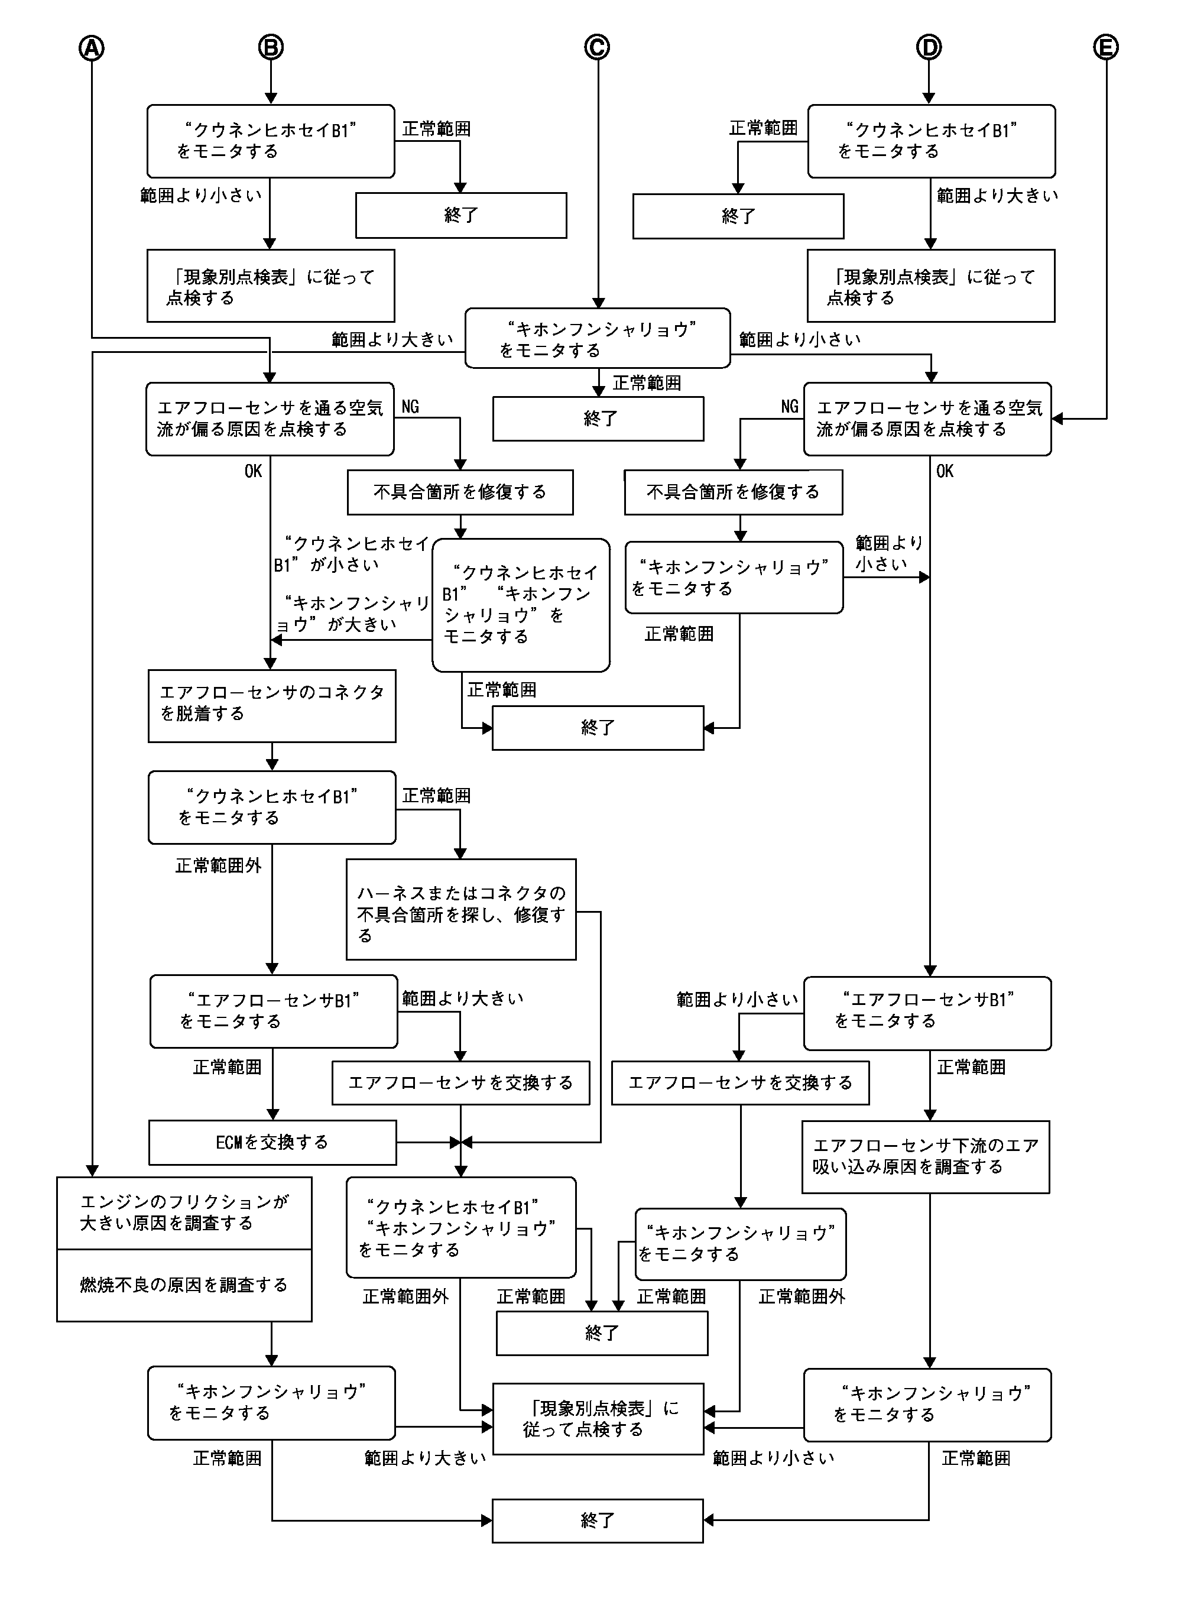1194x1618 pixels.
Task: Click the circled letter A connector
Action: [91, 48]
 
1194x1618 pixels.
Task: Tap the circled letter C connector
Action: [596, 48]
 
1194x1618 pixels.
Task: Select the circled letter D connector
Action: [929, 48]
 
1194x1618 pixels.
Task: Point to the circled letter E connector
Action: [1105, 48]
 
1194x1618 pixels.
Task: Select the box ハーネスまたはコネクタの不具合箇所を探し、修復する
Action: [460, 909]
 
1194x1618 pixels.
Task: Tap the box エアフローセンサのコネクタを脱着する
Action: [272, 705]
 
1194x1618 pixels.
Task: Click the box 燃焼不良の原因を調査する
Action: [184, 1285]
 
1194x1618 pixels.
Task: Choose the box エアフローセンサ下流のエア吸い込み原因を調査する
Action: [925, 1156]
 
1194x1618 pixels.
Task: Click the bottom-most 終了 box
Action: [597, 1520]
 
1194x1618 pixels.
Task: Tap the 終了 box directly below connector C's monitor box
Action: [598, 419]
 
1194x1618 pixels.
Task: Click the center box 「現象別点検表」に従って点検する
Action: [598, 1419]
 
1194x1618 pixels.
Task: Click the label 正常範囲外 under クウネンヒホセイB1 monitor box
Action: [218, 865]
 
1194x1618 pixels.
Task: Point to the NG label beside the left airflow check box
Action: [410, 407]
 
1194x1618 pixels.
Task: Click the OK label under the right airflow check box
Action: [945, 471]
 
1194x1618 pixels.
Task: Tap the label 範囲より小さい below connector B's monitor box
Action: [201, 195]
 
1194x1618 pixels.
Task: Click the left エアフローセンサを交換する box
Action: [460, 1082]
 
